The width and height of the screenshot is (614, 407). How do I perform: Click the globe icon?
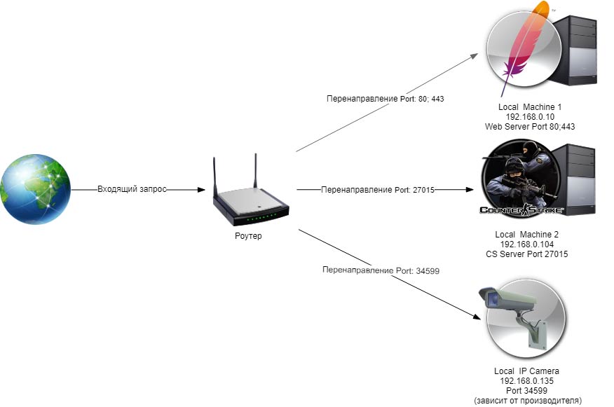point(36,189)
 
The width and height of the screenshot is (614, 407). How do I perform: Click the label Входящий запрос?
point(132,190)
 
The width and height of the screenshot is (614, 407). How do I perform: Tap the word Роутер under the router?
point(248,236)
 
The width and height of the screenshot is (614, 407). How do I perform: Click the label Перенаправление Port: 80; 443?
point(385,99)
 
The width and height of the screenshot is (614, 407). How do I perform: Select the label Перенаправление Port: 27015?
point(378,190)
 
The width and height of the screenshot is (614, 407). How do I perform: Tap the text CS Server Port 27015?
point(527,254)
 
